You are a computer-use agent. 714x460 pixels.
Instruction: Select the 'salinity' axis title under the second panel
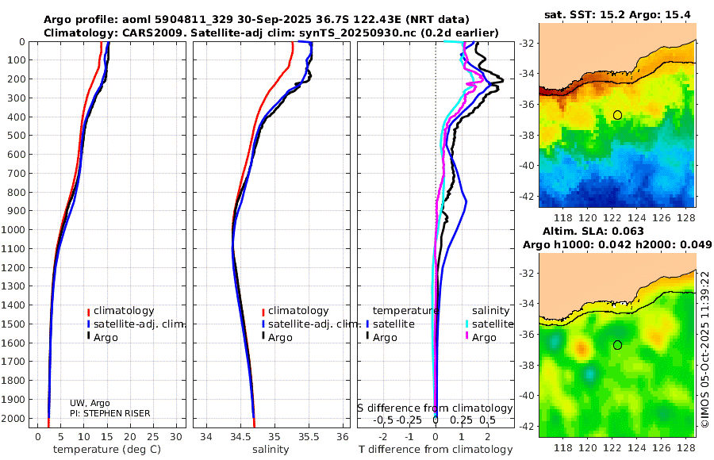pos(270,450)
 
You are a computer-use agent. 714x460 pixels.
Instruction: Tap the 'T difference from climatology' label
pos(435,450)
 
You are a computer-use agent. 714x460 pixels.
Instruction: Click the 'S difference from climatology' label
pos(435,408)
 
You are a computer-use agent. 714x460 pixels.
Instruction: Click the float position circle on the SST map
pos(617,115)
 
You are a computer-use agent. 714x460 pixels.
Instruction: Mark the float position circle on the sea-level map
pos(617,345)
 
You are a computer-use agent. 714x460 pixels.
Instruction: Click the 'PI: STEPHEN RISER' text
pos(109,413)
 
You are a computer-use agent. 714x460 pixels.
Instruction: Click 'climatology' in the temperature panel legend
pos(124,311)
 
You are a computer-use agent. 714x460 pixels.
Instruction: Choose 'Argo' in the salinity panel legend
pos(280,338)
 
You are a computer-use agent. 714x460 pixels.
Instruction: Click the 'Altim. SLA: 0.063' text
pos(617,231)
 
